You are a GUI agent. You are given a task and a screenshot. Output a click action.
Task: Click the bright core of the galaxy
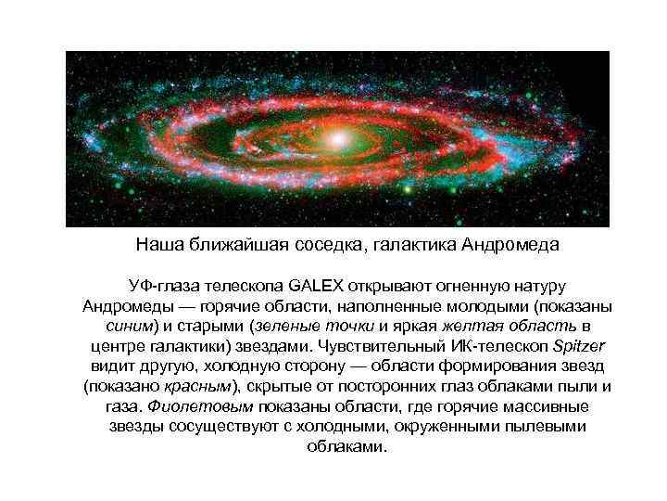pyautogui.click(x=338, y=137)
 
